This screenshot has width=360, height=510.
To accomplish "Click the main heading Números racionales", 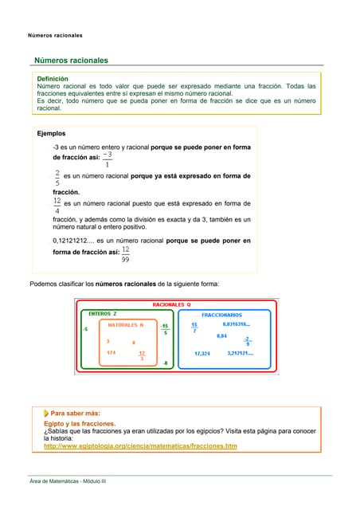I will point(70,61).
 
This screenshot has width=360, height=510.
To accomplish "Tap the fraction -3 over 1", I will point(108,159).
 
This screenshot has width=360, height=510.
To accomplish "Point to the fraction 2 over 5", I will point(57,177).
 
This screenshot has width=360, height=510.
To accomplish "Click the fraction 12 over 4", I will point(57,206).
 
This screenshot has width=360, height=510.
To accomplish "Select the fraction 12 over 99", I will point(126,254).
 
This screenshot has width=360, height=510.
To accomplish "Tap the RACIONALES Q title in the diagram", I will point(171,304).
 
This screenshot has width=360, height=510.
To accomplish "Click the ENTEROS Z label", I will point(102,314).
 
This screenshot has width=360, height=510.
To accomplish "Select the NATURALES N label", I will point(126,325).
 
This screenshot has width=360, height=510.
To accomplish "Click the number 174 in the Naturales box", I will point(111,352).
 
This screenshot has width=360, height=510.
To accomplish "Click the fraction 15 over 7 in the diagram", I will point(194,328).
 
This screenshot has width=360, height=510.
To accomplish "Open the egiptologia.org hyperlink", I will point(140,446).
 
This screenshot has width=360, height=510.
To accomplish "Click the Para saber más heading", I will point(75,414).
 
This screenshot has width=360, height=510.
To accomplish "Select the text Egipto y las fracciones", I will point(80,424).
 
